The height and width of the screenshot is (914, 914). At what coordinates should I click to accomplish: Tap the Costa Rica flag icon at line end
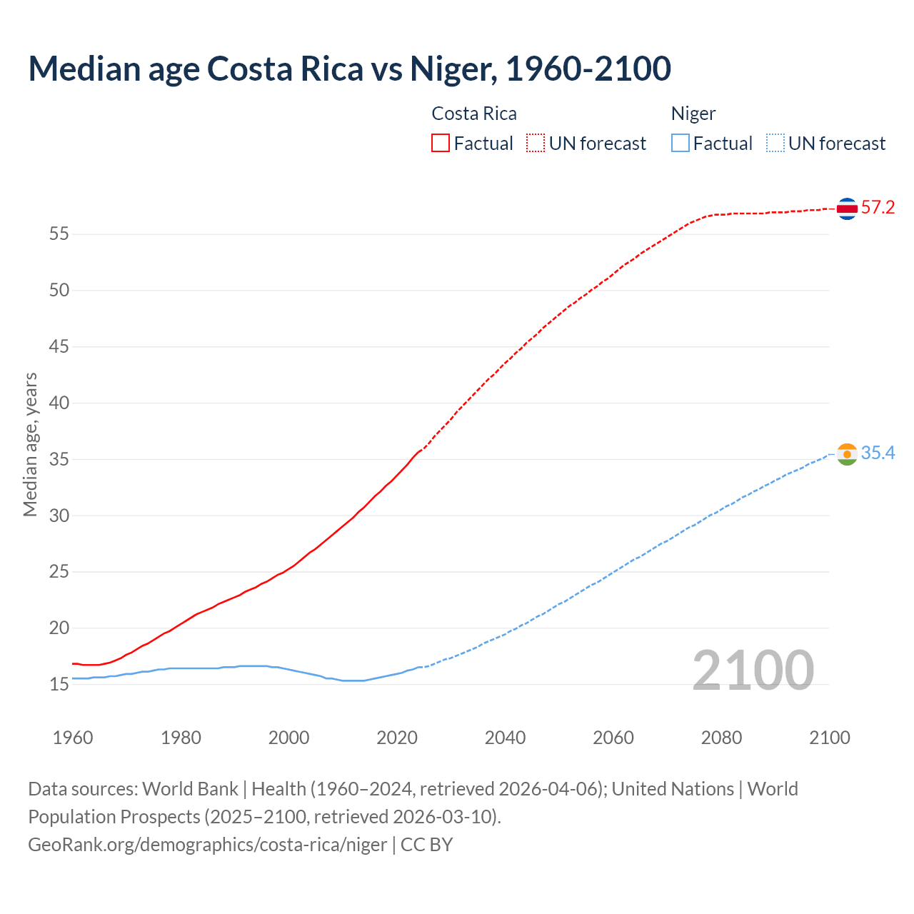point(847,209)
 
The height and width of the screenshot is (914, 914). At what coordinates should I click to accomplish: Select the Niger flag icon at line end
point(847,454)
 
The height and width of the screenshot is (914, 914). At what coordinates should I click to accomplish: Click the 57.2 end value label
point(878,208)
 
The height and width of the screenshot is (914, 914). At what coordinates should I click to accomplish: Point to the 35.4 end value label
point(878,453)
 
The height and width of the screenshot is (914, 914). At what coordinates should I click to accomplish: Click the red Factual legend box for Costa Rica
point(441,144)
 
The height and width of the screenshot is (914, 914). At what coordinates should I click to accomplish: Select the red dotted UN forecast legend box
point(536,144)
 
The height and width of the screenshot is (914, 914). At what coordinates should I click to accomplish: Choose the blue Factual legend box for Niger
point(681,144)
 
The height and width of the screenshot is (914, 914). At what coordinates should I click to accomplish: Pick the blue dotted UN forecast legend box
point(775,144)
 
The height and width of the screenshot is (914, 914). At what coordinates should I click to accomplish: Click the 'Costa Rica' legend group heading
point(474,114)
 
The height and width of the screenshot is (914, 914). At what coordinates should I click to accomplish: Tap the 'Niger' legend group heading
point(693,114)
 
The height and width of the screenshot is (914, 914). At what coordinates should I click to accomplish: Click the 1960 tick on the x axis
point(73,738)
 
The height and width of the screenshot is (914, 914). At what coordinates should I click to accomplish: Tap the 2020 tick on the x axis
point(397,738)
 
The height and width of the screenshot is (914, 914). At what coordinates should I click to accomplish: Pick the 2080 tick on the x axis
point(721,738)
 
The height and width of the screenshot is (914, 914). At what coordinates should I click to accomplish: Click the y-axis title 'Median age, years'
point(30,444)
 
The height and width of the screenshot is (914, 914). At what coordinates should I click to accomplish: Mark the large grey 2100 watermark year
point(753,670)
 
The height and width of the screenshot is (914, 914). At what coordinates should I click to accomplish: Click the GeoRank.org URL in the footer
point(207,845)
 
